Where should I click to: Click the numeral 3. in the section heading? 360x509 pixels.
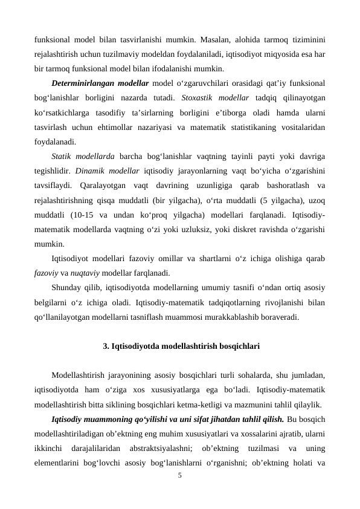tap(107, 346)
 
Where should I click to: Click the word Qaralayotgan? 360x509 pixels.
tap(100, 185)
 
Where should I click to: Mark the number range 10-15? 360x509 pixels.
tap(83, 215)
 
